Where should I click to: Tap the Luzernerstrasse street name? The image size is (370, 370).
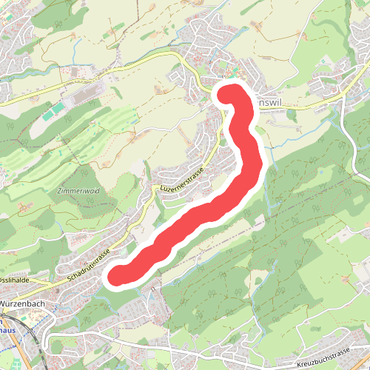tap(181, 181)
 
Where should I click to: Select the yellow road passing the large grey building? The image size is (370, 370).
tap(111, 84)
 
